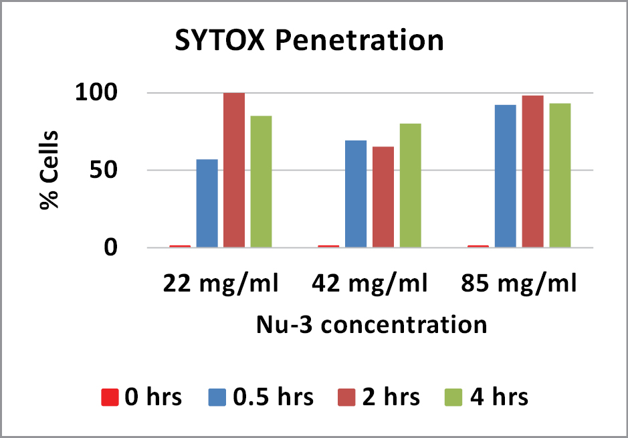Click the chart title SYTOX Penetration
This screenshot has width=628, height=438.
tap(309, 41)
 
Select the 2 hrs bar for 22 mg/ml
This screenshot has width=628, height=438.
tap(234, 171)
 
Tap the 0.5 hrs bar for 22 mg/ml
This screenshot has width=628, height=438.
tap(207, 203)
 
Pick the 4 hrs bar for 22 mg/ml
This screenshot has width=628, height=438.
tap(261, 182)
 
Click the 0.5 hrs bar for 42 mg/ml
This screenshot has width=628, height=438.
tap(356, 194)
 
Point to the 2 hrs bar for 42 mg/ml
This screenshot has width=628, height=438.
tap(383, 197)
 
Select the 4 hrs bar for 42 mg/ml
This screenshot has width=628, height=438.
tap(410, 185)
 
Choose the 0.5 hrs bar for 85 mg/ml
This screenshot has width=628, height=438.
tap(506, 177)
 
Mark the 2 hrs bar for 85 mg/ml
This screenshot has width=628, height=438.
tap(532, 172)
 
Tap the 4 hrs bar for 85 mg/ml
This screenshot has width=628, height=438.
tap(560, 175)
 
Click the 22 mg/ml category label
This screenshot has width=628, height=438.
tap(221, 285)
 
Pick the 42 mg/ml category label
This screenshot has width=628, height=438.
tap(369, 285)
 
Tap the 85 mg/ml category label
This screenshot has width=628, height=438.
tap(519, 285)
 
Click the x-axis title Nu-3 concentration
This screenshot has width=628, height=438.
tap(371, 325)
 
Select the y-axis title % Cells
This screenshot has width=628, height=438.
tap(49, 171)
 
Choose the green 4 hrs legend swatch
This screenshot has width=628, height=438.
tap(452, 397)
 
